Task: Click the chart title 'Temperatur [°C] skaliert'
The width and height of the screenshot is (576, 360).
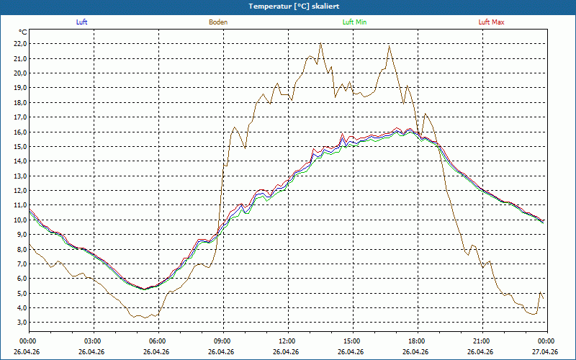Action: pos(294,6)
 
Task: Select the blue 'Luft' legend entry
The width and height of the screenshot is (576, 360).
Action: pos(81,22)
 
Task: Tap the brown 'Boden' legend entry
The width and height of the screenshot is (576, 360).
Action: pos(218,22)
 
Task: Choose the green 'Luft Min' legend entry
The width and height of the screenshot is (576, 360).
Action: pos(354,22)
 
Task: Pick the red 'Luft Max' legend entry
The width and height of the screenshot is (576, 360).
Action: pos(491,22)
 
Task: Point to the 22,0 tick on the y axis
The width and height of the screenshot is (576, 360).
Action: pos(21,44)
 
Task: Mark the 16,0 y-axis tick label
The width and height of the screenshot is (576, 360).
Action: pos(21,132)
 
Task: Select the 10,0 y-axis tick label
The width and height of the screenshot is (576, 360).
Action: pos(21,220)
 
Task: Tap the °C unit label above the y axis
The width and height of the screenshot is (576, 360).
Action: pos(23,32)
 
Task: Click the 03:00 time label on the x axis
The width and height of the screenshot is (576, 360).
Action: pos(94,341)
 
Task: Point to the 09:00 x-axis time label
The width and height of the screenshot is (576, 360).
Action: pos(223,341)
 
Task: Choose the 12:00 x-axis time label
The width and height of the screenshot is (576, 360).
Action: pos(288,341)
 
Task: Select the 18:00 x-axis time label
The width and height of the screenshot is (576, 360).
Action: pos(418,341)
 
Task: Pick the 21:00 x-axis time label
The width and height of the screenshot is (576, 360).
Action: pos(482,341)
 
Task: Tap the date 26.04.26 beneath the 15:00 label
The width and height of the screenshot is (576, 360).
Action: pos(351,351)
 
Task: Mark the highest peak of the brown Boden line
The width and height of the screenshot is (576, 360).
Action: pos(320,43)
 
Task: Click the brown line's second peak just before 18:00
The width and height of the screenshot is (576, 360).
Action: pos(389,46)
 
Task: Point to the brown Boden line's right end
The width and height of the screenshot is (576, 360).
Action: pos(544,298)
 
